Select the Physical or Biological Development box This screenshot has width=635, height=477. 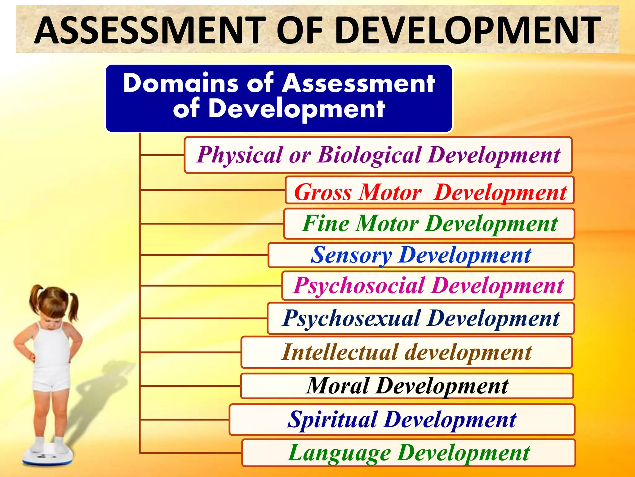point(378,155)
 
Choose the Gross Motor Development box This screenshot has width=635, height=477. point(430,190)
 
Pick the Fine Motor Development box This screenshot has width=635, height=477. point(429,224)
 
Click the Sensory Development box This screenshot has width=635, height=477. point(421,255)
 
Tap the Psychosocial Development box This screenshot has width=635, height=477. point(428,286)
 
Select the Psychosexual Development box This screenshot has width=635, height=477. point(421,318)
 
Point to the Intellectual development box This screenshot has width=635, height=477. point(406,352)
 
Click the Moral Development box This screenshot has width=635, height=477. point(407,386)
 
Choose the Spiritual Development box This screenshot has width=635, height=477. point(402,420)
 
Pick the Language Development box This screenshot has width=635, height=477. point(409,453)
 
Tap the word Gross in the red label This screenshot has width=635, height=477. point(322,192)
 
